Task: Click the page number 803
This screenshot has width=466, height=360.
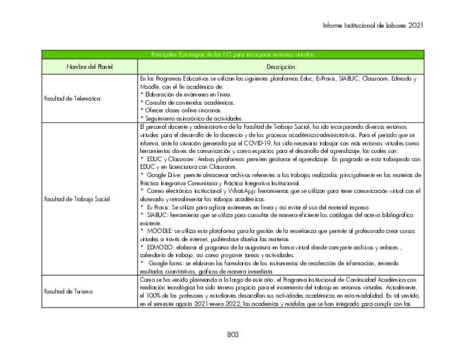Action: pyautogui.click(x=233, y=334)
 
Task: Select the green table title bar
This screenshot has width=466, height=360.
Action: pyautogui.click(x=233, y=54)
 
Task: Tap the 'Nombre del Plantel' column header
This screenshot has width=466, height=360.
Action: pyautogui.click(x=90, y=67)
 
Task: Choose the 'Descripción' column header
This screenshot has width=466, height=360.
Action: pyautogui.click(x=281, y=67)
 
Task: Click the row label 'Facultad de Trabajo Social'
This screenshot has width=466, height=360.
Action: pyautogui.click(x=76, y=199)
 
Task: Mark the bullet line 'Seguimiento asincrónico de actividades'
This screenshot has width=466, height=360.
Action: pyautogui.click(x=180, y=118)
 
